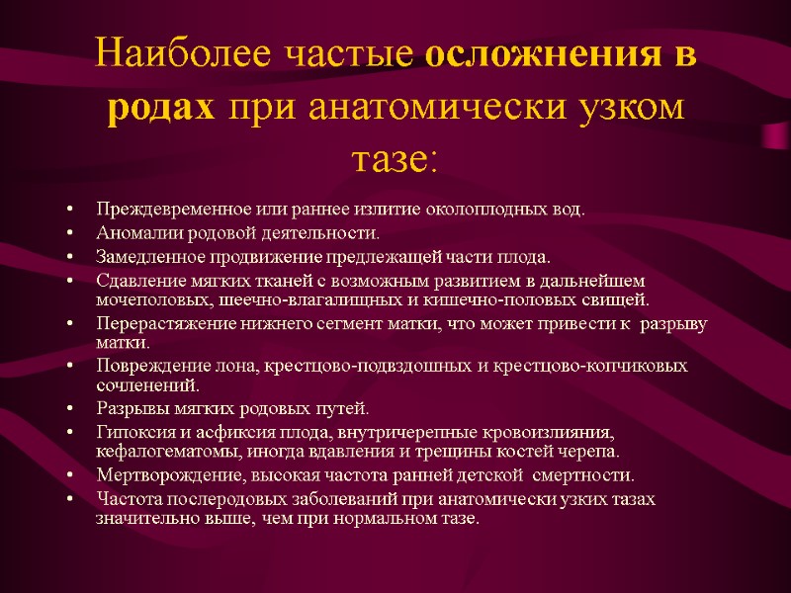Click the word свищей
(x=620, y=299)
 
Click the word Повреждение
(x=137, y=367)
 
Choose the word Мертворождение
(x=150, y=475)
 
